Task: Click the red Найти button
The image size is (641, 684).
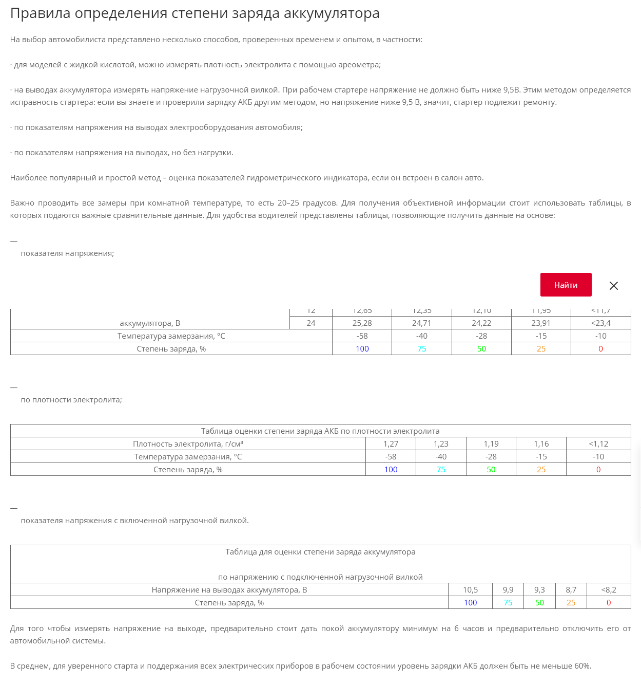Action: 566,285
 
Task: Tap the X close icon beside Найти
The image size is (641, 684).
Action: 613,286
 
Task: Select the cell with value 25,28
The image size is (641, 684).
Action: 362,323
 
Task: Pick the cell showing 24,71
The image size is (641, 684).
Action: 421,323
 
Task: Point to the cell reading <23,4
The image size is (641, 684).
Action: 600,323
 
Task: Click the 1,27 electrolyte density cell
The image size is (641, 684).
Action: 391,444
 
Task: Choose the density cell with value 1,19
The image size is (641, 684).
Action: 491,444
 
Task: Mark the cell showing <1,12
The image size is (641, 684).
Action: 598,444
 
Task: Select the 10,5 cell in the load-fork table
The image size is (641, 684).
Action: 470,590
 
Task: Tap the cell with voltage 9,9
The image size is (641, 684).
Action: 508,590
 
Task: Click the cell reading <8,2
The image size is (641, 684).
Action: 609,590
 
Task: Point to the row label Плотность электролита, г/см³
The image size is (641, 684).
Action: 188,444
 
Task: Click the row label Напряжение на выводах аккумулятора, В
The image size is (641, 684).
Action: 229,590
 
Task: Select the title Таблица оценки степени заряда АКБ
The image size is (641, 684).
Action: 320,431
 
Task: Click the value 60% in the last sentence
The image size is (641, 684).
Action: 582,666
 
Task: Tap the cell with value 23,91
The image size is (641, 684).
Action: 541,323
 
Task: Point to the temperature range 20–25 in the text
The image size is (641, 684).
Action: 288,203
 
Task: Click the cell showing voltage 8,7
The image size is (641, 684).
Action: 571,590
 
